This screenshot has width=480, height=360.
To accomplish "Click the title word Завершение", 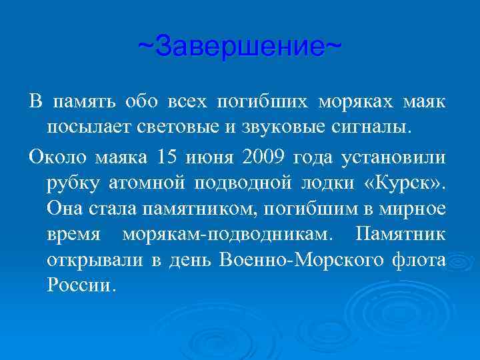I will coord(240,47).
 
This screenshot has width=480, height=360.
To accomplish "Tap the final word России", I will coord(81,285).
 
